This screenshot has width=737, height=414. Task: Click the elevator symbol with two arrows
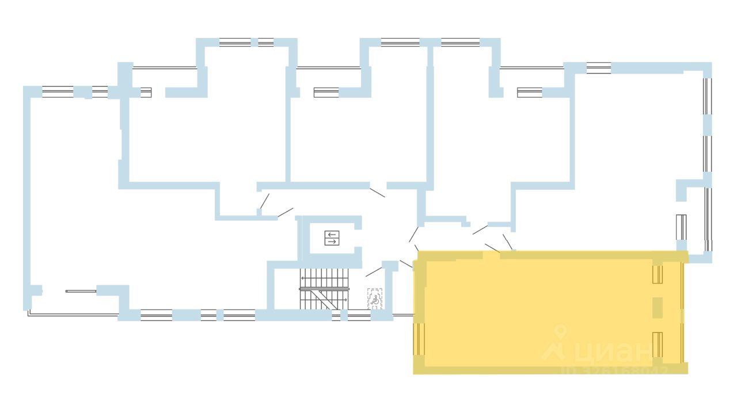pos(332,237)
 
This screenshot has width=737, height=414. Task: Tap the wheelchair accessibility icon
pos(375,298)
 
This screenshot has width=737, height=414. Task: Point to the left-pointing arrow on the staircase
pos(303,278)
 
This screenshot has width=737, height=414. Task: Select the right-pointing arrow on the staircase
pos(344,300)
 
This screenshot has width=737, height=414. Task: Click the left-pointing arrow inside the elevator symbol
pos(332,234)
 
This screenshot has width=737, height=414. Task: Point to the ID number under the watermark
pos(614,370)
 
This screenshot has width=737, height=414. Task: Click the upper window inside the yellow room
pos(658,274)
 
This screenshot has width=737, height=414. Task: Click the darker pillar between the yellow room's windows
pos(658,308)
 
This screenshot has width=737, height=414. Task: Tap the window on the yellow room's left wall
pos(419,339)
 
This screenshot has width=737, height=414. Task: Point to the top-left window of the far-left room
pos(58,91)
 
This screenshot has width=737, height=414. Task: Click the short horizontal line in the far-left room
pos(81,291)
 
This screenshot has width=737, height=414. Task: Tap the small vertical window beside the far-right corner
pos(681,227)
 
